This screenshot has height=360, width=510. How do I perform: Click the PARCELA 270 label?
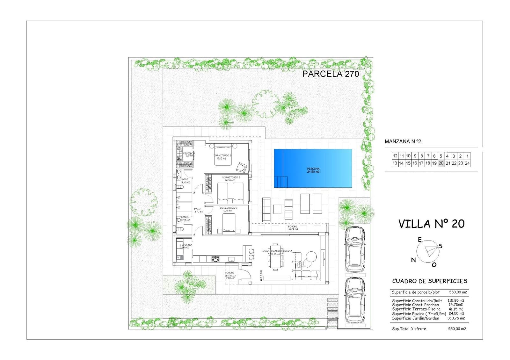[x=331, y=74]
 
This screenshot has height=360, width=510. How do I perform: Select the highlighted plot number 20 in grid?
[x=441, y=163]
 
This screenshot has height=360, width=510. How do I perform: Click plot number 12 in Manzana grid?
[x=395, y=156]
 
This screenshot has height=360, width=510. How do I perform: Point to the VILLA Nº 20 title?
[x=431, y=224]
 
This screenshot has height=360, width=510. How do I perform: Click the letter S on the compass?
[x=441, y=246]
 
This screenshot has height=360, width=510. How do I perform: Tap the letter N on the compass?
[x=413, y=260]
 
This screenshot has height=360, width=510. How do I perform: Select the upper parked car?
[x=355, y=249]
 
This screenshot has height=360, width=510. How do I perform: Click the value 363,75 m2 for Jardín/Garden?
[x=456, y=318]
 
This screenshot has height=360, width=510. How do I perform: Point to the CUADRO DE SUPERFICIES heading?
[x=429, y=281]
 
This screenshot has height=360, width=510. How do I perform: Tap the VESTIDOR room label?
[x=189, y=154]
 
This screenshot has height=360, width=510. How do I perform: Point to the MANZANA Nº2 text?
[x=403, y=141]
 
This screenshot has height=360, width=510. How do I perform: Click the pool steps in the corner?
[x=281, y=182]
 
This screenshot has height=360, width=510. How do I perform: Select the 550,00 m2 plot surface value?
[x=458, y=292]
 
